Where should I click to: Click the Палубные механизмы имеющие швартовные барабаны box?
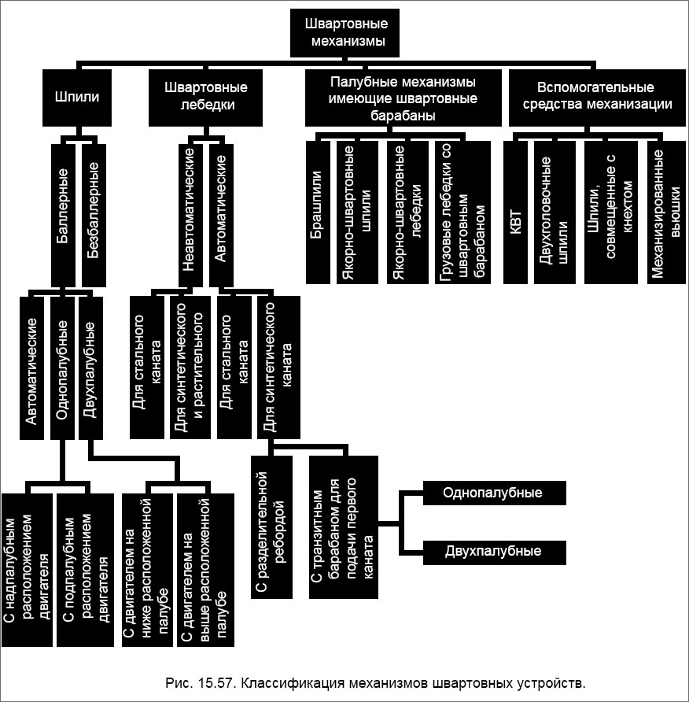click(403, 98)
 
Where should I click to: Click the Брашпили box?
click(318, 212)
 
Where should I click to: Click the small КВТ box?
click(515, 212)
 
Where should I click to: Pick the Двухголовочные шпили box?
click(554, 212)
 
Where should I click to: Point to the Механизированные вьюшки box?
click(665, 212)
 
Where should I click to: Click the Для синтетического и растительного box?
click(190, 367)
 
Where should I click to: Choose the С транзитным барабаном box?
click(343, 527)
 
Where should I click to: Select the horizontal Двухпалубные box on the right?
click(493, 551)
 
